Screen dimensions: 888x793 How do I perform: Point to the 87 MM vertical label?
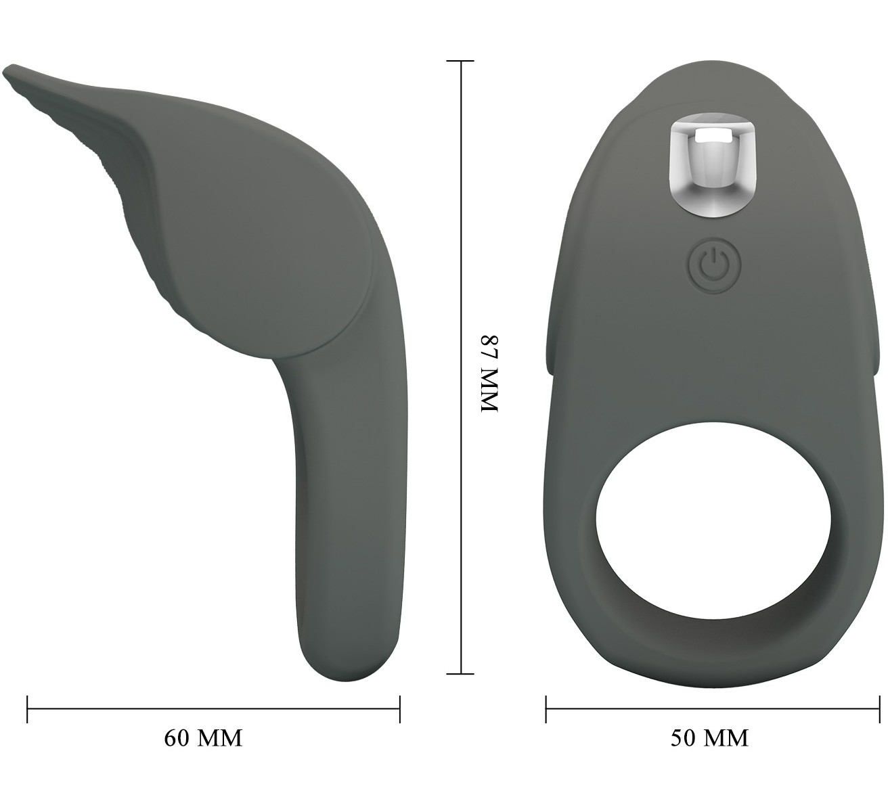490,373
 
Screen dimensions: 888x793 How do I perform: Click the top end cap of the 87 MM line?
460,61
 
